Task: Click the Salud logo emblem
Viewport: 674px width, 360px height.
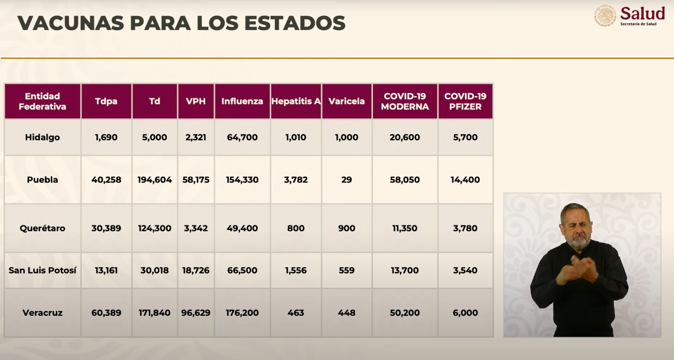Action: (605, 16)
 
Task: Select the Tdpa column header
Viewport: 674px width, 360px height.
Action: (106, 101)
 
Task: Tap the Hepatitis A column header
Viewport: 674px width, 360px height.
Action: (296, 101)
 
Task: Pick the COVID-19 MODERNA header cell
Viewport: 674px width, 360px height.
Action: (405, 101)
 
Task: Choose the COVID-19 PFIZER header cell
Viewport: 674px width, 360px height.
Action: (465, 101)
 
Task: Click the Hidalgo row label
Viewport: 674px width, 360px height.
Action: (42, 137)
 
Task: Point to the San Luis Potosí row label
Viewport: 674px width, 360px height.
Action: (42, 270)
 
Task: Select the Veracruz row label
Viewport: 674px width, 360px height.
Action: (42, 313)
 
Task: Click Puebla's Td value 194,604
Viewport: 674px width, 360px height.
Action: (155, 180)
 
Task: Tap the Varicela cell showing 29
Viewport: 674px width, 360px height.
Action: (346, 180)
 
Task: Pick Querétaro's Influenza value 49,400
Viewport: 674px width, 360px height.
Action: (243, 228)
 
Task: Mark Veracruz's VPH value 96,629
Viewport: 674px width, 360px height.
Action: (196, 313)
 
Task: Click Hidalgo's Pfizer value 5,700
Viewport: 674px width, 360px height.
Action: (465, 137)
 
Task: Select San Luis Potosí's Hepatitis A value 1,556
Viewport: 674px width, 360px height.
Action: (296, 270)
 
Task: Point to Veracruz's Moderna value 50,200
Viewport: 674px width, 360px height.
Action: (405, 313)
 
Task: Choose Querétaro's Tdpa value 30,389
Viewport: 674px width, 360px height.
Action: (106, 228)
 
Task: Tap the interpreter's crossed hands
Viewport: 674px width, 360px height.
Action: (576, 269)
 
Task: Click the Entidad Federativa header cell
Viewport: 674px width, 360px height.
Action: (42, 101)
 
